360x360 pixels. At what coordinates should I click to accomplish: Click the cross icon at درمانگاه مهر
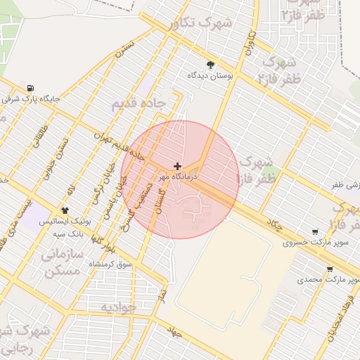point(176,167)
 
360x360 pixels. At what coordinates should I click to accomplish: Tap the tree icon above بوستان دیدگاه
point(210,64)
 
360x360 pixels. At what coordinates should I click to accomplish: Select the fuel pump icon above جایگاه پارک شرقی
point(30,89)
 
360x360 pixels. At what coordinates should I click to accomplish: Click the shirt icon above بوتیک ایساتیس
point(65,210)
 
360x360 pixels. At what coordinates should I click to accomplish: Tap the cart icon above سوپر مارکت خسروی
point(314,232)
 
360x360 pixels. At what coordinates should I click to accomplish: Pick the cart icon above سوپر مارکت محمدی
point(329,269)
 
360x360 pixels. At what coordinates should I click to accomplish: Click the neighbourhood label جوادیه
point(117,307)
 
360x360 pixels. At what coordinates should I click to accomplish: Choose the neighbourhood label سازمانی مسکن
point(64,261)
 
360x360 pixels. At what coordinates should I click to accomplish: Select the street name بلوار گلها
point(108,238)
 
